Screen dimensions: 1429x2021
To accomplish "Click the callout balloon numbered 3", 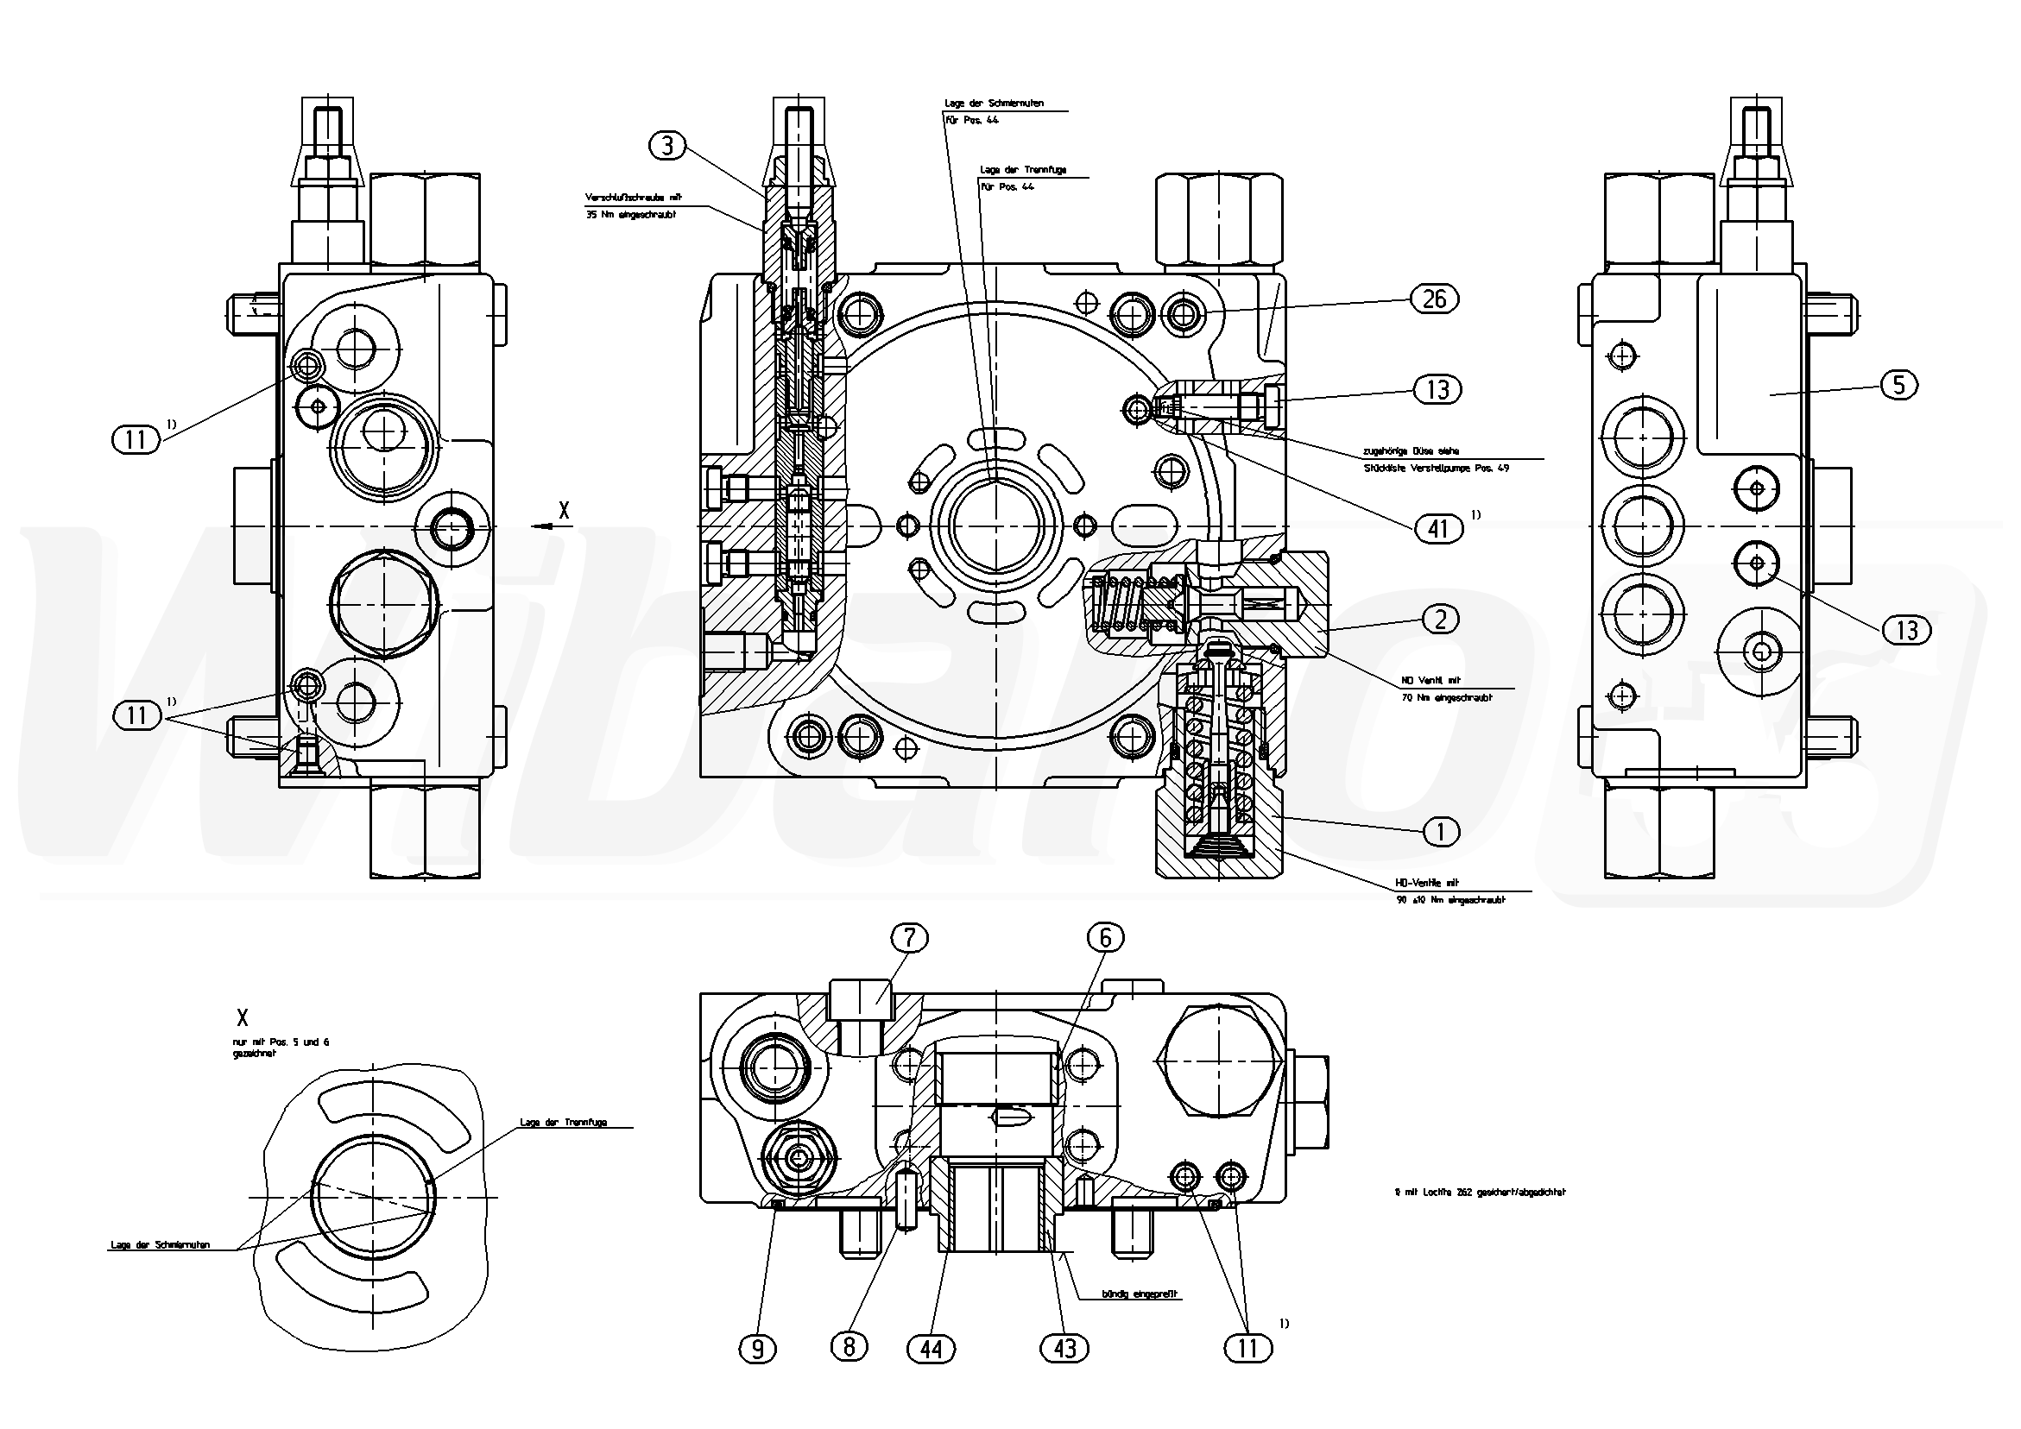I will tap(666, 145).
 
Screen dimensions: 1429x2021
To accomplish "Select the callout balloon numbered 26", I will tap(1434, 299).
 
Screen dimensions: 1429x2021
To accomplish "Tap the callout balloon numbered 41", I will tap(1437, 528).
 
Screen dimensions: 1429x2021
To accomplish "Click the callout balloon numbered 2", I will tap(1440, 620).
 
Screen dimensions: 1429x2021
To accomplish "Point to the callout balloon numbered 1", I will tap(1440, 832).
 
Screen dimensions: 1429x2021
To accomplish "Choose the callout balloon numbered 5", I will tap(1898, 385).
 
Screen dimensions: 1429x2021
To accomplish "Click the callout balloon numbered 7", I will tap(909, 938).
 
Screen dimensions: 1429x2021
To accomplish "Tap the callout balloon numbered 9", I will tap(758, 1348).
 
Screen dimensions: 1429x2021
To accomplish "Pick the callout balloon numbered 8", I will tap(849, 1346).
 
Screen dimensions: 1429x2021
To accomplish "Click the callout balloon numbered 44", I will tap(931, 1348).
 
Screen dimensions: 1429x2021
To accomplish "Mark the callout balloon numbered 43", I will tap(1064, 1348).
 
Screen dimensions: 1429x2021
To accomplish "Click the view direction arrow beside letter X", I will tap(547, 526).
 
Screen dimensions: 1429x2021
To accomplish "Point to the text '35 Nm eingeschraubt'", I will tap(630, 215).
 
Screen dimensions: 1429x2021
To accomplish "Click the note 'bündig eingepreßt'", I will tap(1140, 1294).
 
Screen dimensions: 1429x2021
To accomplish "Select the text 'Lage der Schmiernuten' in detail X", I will tap(161, 1245).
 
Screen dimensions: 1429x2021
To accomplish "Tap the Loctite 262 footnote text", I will tap(1474, 1193).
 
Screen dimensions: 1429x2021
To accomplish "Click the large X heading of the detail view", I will tap(242, 1018).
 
